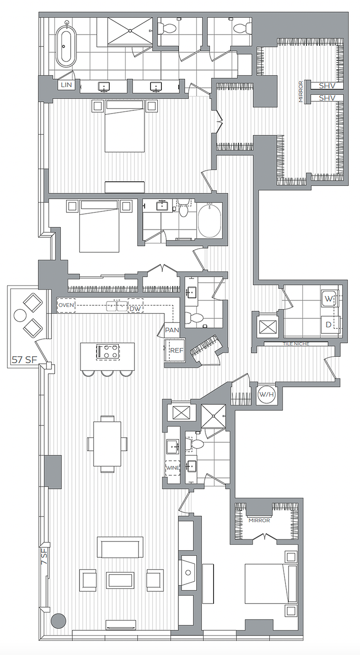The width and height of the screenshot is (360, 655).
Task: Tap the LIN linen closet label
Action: (64, 85)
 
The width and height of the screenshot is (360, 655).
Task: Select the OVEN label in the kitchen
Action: (66, 306)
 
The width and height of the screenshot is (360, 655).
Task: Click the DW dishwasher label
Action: (135, 309)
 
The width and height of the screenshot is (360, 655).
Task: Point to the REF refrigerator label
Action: (175, 350)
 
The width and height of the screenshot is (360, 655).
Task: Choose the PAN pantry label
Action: (171, 330)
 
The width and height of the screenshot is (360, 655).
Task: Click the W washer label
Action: (328, 300)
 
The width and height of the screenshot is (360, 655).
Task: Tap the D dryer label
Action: (328, 325)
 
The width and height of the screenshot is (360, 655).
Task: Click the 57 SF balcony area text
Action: (24, 360)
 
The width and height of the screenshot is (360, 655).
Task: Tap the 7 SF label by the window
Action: (44, 556)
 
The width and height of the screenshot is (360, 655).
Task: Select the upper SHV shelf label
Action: (327, 86)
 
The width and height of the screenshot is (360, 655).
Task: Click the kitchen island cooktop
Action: (108, 352)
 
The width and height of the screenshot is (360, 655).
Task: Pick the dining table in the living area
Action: (107, 444)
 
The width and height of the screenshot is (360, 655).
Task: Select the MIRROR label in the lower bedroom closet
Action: (259, 520)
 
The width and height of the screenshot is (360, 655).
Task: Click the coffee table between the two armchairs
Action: (120, 580)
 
